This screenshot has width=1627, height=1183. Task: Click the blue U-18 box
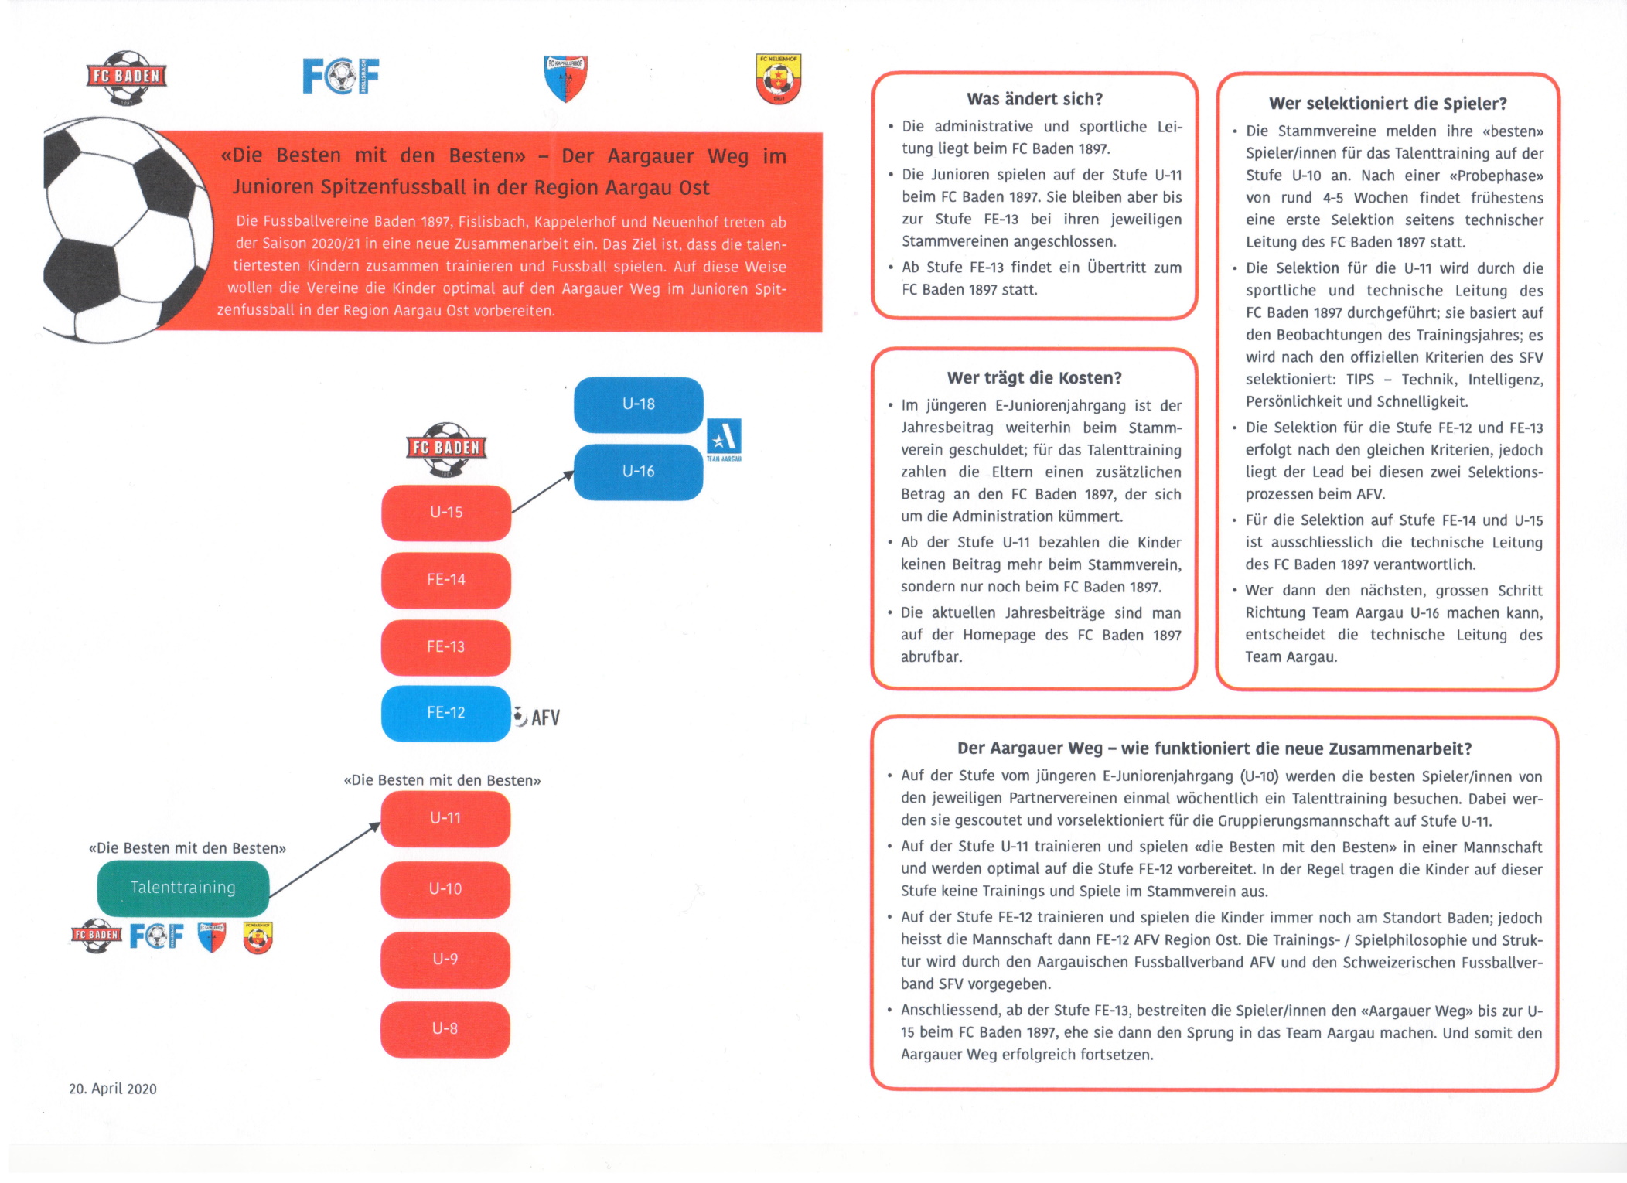pos(638,404)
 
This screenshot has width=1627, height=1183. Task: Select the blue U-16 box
pos(638,472)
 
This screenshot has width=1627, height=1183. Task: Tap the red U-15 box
pos(446,513)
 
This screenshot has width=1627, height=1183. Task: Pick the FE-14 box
pos(446,580)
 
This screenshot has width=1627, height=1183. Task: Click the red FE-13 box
pos(446,647)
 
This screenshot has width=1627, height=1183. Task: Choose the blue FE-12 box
pos(446,713)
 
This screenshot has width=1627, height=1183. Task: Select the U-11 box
pos(445,818)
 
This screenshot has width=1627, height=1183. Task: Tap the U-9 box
pos(445,960)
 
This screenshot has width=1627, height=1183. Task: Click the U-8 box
pos(445,1029)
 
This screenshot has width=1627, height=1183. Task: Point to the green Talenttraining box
pos(183,888)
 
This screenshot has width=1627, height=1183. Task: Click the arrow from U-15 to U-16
pos(543,492)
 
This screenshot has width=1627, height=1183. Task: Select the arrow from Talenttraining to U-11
pos(325,859)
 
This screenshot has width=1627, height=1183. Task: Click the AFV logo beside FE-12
pos(537,718)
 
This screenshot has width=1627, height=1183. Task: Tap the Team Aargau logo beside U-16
pos(724,438)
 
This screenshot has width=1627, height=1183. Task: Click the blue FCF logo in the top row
pos(340,76)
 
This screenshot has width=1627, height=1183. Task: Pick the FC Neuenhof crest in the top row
pos(778,78)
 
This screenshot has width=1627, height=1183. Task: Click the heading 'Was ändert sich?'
pos(1035,99)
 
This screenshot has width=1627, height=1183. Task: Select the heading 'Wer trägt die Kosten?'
pos(1035,378)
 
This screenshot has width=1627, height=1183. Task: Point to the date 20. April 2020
pos(113,1089)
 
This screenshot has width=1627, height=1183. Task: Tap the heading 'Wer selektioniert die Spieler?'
pos(1388,104)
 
